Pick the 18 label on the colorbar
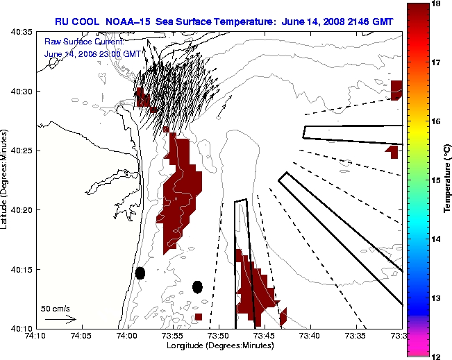(x=437, y=4)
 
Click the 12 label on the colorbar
(x=437, y=356)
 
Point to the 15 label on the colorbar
(x=437, y=180)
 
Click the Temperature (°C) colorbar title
(x=448, y=180)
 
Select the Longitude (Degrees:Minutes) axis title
(x=219, y=345)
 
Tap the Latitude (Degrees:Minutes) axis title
(x=6, y=180)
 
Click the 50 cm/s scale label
(x=56, y=308)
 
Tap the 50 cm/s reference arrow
(x=60, y=319)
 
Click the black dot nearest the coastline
(x=140, y=273)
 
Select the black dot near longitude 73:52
(x=198, y=286)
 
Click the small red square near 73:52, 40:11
(x=199, y=316)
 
